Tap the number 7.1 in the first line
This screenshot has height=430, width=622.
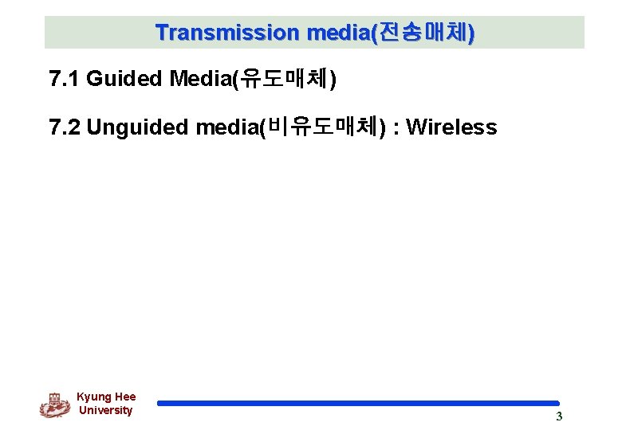click(65, 79)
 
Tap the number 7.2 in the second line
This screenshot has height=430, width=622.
click(65, 127)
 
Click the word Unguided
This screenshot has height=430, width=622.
click(138, 127)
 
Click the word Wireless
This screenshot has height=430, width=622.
click(451, 127)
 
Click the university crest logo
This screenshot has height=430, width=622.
click(54, 405)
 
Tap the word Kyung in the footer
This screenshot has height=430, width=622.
click(93, 397)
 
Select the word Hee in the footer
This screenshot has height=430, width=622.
click(125, 397)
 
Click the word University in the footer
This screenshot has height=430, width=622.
click(105, 410)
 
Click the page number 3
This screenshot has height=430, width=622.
click(559, 416)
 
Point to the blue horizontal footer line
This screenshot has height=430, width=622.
click(358, 403)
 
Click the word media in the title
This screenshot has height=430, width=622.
click(335, 33)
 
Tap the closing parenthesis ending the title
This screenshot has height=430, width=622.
click(471, 33)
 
